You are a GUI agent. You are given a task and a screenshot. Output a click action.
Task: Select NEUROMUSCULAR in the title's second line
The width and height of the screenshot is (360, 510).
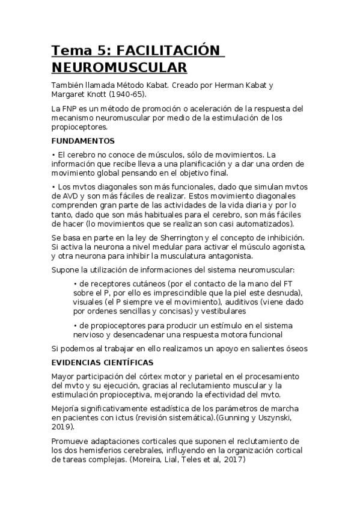click(x=119, y=66)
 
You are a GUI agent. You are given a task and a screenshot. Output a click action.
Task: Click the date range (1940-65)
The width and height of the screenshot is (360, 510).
click(x=124, y=94)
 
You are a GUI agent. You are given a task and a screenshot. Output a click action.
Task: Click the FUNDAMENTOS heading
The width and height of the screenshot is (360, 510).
click(x=82, y=141)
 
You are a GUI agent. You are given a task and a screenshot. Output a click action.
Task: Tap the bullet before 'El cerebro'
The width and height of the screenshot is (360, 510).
click(x=54, y=156)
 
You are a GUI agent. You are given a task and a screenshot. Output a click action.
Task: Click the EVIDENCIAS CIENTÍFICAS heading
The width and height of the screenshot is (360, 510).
click(x=103, y=363)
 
